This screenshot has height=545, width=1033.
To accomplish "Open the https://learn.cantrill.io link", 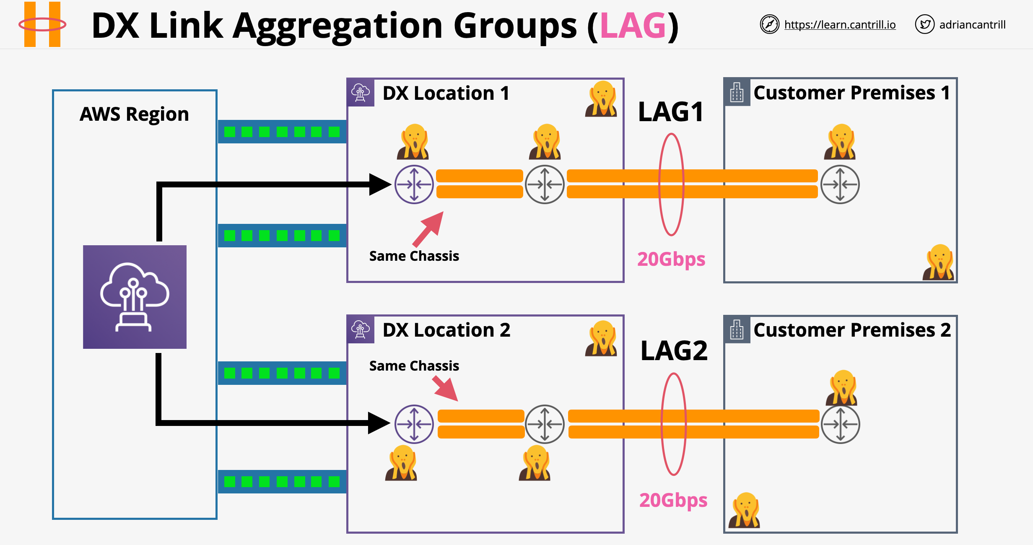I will pyautogui.click(x=840, y=25).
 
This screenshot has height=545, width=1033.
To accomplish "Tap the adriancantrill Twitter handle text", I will pyautogui.click(x=972, y=25).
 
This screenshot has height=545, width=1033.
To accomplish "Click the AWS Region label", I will pyautogui.click(x=134, y=114).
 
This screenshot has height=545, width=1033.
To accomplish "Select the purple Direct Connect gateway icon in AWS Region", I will pyautogui.click(x=135, y=297).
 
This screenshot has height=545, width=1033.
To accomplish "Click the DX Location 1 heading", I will pyautogui.click(x=446, y=93).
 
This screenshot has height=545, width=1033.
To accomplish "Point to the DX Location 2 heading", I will pyautogui.click(x=446, y=330).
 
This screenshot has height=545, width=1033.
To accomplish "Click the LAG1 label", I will pyautogui.click(x=671, y=112).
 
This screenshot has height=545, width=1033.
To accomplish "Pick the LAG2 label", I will pyautogui.click(x=674, y=350).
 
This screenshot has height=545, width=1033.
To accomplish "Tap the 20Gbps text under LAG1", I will pyautogui.click(x=671, y=259).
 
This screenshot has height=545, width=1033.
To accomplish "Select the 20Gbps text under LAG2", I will pyautogui.click(x=673, y=500).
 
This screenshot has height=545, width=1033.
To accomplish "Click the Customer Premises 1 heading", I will pyautogui.click(x=851, y=93).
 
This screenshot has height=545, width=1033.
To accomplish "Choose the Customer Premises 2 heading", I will pyautogui.click(x=852, y=330).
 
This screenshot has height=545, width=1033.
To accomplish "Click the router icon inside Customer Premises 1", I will pyautogui.click(x=840, y=184).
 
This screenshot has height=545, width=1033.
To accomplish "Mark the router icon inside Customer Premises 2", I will pyautogui.click(x=840, y=424).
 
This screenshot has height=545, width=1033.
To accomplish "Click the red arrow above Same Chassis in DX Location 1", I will pyautogui.click(x=428, y=229).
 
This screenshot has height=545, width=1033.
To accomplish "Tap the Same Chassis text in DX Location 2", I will pyautogui.click(x=414, y=366).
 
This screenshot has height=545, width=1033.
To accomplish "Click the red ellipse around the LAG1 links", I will pyautogui.click(x=659, y=184).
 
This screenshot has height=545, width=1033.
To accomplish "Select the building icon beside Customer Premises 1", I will pyautogui.click(x=737, y=93).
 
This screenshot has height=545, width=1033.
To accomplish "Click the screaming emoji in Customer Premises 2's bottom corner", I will pyautogui.click(x=744, y=510).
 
